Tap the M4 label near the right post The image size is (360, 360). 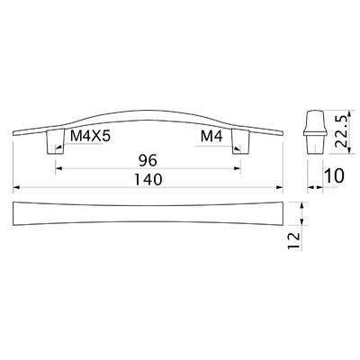211,136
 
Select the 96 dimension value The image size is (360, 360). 149,160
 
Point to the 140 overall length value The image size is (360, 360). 148,180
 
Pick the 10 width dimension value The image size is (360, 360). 334,177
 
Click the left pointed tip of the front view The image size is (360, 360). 14,132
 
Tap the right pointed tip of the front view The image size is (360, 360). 284,132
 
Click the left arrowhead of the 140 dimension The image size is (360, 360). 16,188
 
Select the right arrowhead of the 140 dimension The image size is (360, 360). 283,188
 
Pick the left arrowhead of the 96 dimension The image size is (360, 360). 57,168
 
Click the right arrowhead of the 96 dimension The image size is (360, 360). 240,168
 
